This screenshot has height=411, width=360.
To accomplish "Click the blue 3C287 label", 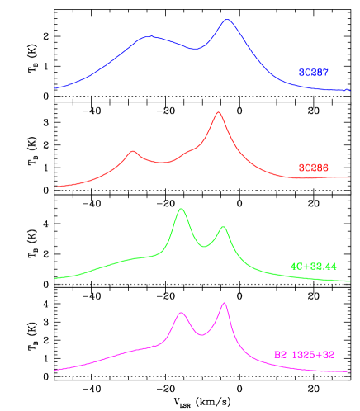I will click(x=313, y=73).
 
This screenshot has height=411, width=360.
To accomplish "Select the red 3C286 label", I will click(x=313, y=168).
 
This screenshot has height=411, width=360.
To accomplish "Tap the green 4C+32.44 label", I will click(x=313, y=267).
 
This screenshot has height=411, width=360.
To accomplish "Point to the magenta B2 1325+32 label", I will click(x=304, y=355).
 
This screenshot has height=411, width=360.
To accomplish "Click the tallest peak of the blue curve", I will click(x=227, y=20).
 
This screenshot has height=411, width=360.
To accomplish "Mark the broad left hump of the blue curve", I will click(x=149, y=37).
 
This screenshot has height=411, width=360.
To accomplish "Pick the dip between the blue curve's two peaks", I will click(x=195, y=50).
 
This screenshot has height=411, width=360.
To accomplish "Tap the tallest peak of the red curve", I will click(x=218, y=112).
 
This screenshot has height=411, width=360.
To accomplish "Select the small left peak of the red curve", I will click(x=132, y=151).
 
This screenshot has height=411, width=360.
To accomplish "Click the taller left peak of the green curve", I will click(x=181, y=209).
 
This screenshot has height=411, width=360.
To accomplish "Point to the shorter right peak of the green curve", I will click(x=223, y=226).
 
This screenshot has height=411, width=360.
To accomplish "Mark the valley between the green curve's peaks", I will click(x=204, y=246).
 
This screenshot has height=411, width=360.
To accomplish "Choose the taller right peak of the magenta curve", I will click(x=224, y=303).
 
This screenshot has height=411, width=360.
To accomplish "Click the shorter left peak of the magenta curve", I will click(x=182, y=313).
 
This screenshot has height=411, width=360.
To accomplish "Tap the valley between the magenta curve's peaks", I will click(x=201, y=334).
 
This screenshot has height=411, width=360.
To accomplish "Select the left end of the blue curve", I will click(x=55, y=87).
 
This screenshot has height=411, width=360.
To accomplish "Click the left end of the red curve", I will click(x=55, y=187).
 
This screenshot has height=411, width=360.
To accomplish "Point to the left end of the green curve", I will click(x=55, y=278).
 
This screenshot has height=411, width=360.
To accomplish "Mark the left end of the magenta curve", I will click(x=55, y=370).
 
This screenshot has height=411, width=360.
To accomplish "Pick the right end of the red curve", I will click(x=350, y=177).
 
